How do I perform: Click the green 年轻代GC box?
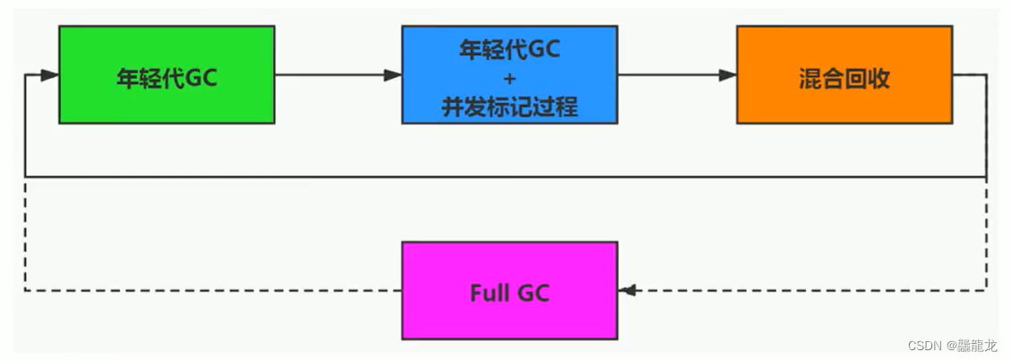coord(167,74)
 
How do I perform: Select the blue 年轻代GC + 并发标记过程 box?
coord(509,74)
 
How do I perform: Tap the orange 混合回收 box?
coord(844,74)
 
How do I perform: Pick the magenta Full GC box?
coord(509,290)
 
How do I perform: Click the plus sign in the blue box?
coord(509,79)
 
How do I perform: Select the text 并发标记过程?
coord(509,107)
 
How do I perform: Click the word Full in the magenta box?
coord(489,292)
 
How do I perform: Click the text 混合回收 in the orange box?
coord(844,78)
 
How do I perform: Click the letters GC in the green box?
coord(201,78)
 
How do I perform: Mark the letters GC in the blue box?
coord(543,50)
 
